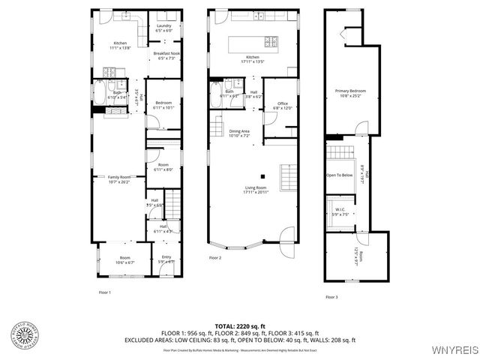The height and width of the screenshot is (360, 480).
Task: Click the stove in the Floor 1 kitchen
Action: coord(110,73)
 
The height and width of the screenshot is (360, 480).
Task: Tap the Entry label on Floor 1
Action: coord(166,259)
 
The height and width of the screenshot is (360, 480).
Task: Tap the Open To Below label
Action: coord(340,175)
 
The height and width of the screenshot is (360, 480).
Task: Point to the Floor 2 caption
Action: coord(215,258)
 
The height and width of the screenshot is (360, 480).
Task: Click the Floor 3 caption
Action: coord(331,298)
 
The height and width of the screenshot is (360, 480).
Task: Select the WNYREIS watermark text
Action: coord(454,350)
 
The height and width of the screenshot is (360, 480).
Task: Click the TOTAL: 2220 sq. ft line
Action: coord(240,325)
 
